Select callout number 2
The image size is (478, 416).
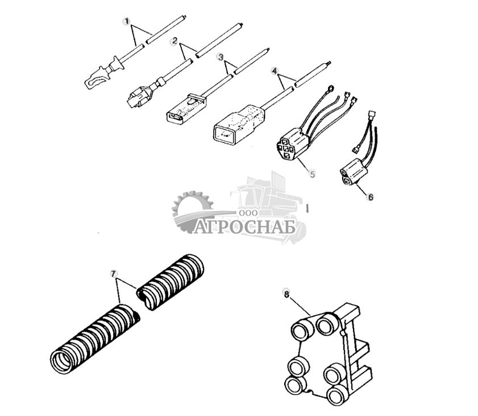click(176, 42)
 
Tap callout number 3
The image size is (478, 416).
click(221, 57)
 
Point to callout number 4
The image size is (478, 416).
click(275, 72)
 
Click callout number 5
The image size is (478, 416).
click(312, 174)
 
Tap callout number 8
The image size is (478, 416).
click(286, 294)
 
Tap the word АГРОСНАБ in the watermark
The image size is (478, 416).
click(244, 228)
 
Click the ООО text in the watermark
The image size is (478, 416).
click(249, 212)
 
